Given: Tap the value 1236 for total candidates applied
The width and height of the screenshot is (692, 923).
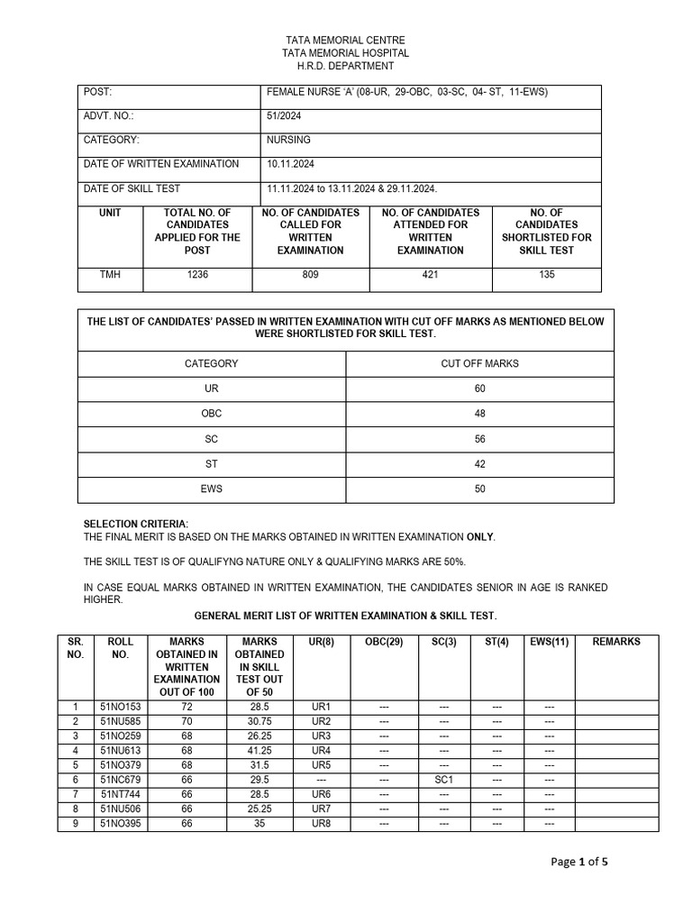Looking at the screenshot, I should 197,275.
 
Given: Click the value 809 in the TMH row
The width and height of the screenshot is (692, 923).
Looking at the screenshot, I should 311,275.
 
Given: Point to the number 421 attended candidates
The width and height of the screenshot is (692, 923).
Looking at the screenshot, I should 431,275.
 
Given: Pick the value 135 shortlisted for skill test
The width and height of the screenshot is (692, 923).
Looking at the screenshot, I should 547,275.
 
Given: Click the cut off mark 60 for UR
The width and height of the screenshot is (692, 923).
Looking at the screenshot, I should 479,388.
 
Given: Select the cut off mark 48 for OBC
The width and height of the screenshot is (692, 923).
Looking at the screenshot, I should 479,414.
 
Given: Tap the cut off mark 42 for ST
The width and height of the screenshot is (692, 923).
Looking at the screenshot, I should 479,464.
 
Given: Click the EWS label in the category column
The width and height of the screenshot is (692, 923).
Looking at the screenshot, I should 212,489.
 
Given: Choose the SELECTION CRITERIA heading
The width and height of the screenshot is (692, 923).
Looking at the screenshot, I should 136,525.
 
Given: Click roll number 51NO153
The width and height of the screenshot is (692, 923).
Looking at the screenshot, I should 120,707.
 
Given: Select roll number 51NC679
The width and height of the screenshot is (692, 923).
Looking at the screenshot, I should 120,780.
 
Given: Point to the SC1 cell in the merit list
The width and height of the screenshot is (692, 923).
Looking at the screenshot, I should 443,780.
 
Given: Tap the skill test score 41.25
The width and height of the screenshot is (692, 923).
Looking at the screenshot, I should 262,751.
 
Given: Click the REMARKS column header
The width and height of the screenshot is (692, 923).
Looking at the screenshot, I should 616,642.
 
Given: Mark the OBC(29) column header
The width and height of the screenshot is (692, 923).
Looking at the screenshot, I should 384,642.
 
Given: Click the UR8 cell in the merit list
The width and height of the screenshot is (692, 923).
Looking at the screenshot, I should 322,824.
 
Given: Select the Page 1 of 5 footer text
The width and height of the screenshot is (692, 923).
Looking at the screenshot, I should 579,862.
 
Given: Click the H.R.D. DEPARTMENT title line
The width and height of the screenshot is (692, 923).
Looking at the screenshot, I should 345,67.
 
